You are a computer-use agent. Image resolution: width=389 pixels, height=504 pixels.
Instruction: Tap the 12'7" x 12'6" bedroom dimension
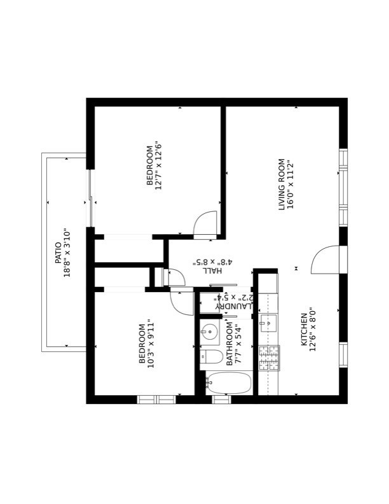pyautogui.click(x=159, y=165)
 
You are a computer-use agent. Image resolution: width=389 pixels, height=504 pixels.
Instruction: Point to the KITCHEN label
pyautogui.click(x=304, y=329)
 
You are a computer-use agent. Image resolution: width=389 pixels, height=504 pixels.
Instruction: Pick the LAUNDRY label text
pyautogui.click(x=235, y=305)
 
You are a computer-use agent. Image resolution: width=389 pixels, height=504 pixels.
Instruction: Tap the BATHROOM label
pyautogui.click(x=229, y=343)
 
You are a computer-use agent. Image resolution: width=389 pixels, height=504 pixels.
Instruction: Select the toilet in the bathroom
pyautogui.click(x=212, y=356)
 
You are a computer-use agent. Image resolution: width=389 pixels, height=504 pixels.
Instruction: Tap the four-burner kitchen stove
pyautogui.click(x=269, y=358)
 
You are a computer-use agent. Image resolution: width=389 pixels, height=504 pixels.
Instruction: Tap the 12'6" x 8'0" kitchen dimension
pyautogui.click(x=313, y=329)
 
